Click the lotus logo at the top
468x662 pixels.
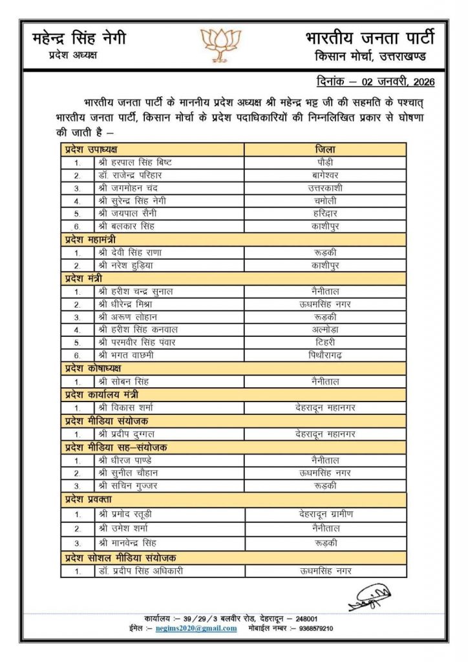(x=220, y=43)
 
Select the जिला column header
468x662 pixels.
(x=325, y=149)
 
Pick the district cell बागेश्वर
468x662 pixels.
(x=325, y=175)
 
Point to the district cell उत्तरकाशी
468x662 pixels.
(x=325, y=187)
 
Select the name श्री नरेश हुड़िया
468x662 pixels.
(x=126, y=266)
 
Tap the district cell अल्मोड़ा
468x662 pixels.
(x=325, y=329)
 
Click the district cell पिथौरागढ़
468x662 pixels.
(x=325, y=355)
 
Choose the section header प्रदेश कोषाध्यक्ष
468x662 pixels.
(x=92, y=368)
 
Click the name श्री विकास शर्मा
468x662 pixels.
(x=126, y=407)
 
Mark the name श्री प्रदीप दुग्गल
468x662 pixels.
(x=127, y=434)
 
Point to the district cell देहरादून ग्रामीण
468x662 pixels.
(x=325, y=514)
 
